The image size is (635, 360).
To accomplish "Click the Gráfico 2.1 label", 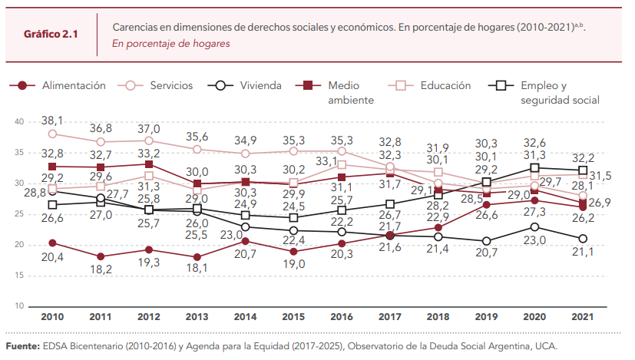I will (x=51, y=35).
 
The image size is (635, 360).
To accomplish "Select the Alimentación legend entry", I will (x=74, y=85).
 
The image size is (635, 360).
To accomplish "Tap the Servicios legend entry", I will (x=171, y=85).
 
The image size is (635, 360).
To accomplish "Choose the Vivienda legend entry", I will (x=260, y=85).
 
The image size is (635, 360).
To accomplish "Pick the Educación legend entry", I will (x=445, y=85).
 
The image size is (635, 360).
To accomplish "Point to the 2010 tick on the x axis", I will (x=52, y=316).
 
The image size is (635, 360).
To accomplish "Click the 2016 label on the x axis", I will (x=341, y=316).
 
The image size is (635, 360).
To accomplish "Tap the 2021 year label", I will (x=582, y=316).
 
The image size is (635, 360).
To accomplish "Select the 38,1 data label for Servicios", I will (x=52, y=121).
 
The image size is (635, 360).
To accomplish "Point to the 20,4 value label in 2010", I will (x=52, y=257).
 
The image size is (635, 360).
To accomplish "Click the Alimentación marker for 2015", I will (x=293, y=251).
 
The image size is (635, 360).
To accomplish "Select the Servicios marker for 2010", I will (x=52, y=133).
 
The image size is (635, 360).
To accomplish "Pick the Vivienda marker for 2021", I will (x=582, y=238).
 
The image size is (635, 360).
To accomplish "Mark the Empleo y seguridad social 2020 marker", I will (x=534, y=167).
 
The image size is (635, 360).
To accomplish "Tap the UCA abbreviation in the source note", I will (x=544, y=346).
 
